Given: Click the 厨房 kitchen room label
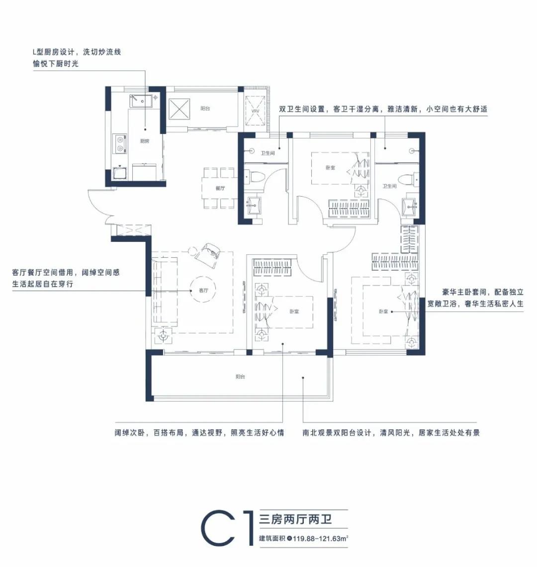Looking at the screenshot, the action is (x=145, y=141).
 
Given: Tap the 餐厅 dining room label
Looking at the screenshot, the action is (x=220, y=188).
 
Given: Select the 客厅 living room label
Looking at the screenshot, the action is (x=203, y=290).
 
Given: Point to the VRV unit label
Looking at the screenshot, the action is (x=255, y=111).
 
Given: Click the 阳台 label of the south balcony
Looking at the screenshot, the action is (x=240, y=376).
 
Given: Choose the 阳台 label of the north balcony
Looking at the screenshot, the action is (x=205, y=108).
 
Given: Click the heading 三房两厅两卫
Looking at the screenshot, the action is (x=295, y=520).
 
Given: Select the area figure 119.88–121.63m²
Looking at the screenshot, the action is (x=321, y=538).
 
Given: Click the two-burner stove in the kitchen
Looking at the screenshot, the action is (x=120, y=143).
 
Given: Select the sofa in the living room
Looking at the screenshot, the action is (x=165, y=291).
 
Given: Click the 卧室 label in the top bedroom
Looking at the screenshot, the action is (x=330, y=168).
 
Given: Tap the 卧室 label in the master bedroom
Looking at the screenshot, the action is (x=383, y=311).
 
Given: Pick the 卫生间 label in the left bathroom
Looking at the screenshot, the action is (x=268, y=153).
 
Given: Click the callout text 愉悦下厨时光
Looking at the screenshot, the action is (x=56, y=64).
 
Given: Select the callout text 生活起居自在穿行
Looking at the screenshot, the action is (x=43, y=284).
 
